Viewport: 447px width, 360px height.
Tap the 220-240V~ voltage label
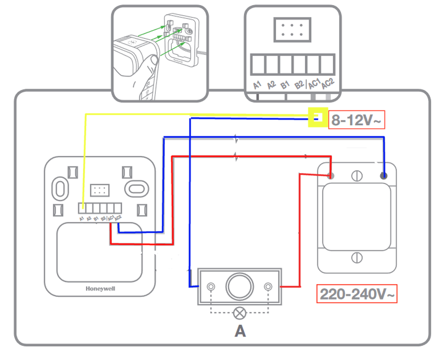(x=356, y=294)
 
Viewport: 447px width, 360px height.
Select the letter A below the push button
(x=240, y=331)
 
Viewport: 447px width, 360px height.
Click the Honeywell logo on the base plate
(x=100, y=289)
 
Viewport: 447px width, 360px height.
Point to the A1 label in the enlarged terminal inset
(x=257, y=85)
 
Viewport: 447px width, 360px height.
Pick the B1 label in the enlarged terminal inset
(x=285, y=85)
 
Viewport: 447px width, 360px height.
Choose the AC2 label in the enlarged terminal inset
(x=327, y=84)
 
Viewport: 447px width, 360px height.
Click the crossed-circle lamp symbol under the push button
(x=239, y=314)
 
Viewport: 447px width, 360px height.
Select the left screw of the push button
(x=211, y=287)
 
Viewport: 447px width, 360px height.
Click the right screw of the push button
(x=268, y=287)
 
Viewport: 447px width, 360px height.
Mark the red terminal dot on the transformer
(x=330, y=175)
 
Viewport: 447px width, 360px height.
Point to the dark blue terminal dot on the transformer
(x=384, y=175)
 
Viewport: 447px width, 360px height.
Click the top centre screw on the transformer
(x=356, y=175)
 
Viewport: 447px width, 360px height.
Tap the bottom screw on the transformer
(x=356, y=258)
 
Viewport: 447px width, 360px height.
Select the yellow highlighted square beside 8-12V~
(x=316, y=118)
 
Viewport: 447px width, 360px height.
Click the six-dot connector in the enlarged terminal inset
(x=292, y=30)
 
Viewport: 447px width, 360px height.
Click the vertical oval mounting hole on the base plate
(x=60, y=187)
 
